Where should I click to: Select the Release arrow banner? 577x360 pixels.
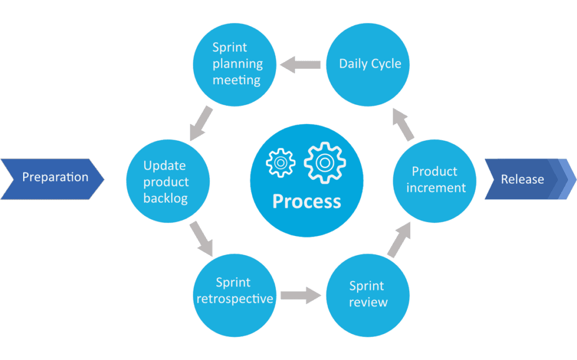click(530, 179)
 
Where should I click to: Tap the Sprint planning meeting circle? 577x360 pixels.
click(235, 65)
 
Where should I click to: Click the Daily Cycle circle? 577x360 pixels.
click(368, 65)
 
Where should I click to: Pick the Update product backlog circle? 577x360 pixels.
click(168, 181)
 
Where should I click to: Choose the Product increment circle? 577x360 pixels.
click(434, 181)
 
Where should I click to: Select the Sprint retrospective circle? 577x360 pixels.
click(235, 295)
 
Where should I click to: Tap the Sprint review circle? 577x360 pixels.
click(368, 295)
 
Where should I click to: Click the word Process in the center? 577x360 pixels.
click(307, 201)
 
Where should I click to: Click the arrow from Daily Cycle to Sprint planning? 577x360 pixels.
click(300, 65)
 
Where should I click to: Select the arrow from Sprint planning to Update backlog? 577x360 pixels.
click(201, 123)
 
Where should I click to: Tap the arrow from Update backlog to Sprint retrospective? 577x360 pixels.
click(201, 239)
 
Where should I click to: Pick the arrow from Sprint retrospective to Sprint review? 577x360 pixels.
click(301, 295)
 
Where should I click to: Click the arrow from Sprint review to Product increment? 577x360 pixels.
click(400, 239)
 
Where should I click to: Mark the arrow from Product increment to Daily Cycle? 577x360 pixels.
click(403, 125)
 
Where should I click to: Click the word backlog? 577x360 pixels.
click(166, 198)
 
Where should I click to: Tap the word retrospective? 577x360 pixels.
click(235, 299)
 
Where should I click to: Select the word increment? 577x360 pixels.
click(436, 188)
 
